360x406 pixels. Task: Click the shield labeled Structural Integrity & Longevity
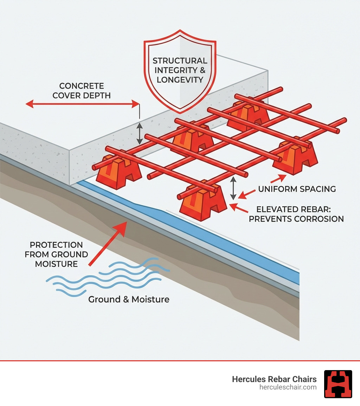180,70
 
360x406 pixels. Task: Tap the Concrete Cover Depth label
82,90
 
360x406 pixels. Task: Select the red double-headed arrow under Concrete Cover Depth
83,104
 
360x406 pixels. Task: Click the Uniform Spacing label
297,189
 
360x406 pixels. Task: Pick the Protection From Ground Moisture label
56,254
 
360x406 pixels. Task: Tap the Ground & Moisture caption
129,299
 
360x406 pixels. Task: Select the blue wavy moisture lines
105,276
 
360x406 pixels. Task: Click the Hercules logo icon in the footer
338,384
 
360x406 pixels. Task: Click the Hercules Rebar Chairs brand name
274,379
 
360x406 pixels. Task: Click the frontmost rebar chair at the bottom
202,204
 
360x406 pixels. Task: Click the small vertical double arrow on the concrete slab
140,133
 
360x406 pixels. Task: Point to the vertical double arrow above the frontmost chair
233,188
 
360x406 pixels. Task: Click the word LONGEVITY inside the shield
180,80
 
